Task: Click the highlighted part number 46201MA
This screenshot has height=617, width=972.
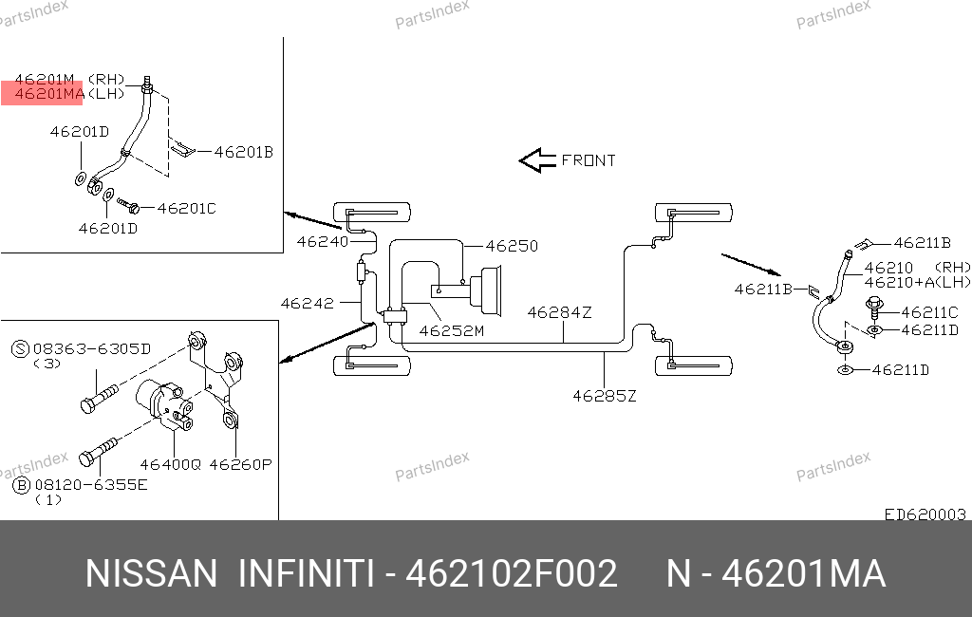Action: pos(49,94)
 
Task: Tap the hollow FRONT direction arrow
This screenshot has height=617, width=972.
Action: pos(537,160)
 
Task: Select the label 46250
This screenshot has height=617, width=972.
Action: pos(512,246)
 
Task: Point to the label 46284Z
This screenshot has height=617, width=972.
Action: pos(559,312)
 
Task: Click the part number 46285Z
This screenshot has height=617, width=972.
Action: pos(605,396)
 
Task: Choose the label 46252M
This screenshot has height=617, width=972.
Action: pos(451,331)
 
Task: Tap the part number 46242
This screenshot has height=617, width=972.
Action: pos(307,304)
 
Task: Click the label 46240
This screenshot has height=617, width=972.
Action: pos(323,242)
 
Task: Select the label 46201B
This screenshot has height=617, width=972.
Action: pos(244,153)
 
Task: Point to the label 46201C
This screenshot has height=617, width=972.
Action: pos(187,208)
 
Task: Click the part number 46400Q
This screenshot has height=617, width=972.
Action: pos(171,464)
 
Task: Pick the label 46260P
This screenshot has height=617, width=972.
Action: pos(240,464)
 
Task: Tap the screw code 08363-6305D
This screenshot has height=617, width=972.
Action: pos(92,349)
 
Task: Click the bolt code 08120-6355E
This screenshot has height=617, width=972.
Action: pos(91,485)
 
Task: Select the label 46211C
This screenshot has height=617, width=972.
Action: pos(930,312)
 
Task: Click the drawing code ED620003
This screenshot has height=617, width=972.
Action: pos(925,514)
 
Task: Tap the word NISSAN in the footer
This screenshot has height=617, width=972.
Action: pos(151,573)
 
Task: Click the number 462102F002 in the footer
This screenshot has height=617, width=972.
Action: pos(512,573)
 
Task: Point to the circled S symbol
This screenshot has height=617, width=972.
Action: pos(21,349)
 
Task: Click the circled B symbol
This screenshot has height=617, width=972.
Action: pos(21,485)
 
